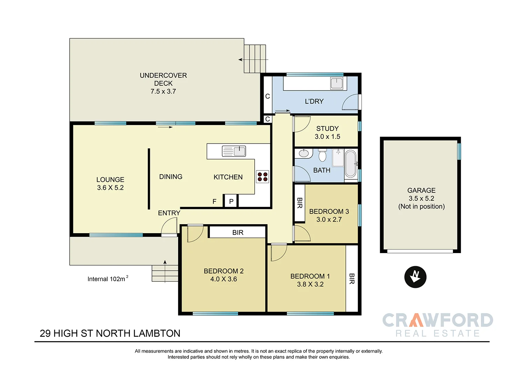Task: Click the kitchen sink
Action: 234,151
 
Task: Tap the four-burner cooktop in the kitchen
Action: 262,177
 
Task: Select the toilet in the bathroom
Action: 322,156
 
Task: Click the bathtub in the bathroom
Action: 351,164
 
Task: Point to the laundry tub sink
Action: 337,83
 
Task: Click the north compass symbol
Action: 415,277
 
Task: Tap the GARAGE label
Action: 421,190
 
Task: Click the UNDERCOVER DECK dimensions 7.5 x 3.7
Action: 163,92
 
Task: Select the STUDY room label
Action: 327,128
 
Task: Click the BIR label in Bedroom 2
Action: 237,232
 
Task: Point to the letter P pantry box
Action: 231,201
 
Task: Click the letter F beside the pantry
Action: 214,201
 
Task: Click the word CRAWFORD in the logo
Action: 437,320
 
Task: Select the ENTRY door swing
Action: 169,227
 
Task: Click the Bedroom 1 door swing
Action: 278,252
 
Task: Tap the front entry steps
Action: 165,273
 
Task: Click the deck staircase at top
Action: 255,59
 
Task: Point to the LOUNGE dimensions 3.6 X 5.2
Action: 110,188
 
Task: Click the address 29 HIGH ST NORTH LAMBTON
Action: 110,333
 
